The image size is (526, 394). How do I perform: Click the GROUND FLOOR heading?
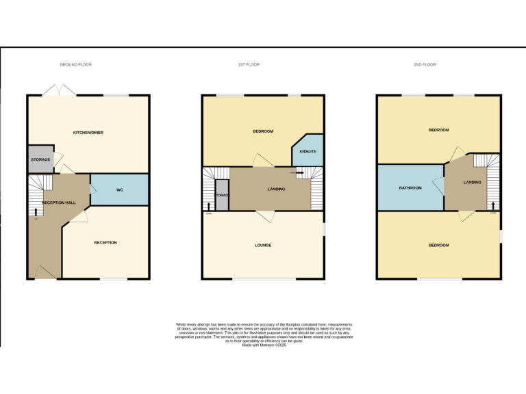pos(75,64)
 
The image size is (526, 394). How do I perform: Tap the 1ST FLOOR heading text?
pos(249,64)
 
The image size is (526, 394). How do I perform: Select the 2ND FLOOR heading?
pos(424,64)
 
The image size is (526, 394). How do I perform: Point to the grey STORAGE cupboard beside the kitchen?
pos(40,159)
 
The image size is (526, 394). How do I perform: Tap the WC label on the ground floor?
pos(119,189)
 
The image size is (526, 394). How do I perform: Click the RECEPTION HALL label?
pos(57,203)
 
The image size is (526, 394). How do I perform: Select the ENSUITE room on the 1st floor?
pos(308,151)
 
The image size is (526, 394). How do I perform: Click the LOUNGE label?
pos(263,245)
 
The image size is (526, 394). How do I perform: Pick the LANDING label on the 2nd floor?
pos(472,182)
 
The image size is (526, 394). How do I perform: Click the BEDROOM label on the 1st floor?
pos(263,131)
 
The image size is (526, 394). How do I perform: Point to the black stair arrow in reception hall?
pos(35,212)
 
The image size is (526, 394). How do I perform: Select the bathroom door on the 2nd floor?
pos(437,185)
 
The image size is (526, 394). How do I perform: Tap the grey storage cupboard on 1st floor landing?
pos(222,195)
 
